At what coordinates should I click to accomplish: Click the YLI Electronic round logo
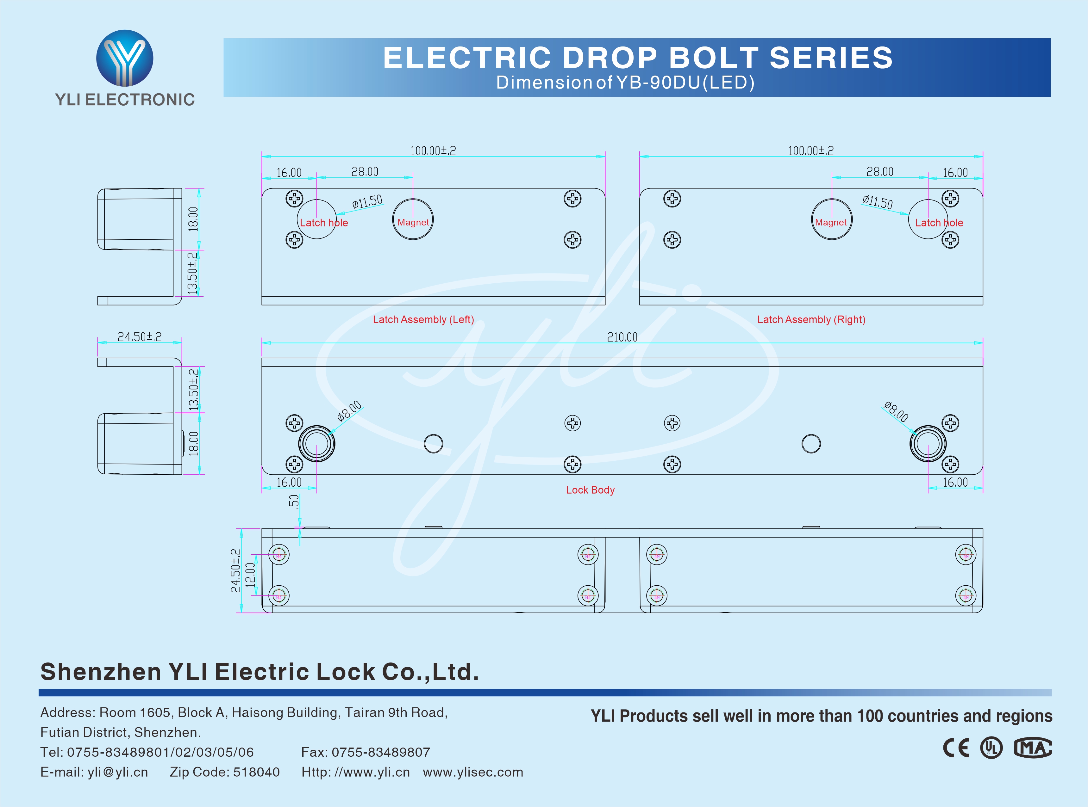click(x=125, y=58)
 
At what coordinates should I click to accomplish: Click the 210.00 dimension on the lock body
click(x=622, y=337)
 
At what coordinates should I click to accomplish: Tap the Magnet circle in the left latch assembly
click(x=413, y=219)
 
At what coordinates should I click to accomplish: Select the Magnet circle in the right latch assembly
click(x=831, y=219)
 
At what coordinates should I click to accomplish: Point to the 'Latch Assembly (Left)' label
click(x=423, y=319)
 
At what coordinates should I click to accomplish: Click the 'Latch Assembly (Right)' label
click(x=811, y=319)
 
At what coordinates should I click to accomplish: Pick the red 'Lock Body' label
click(x=590, y=490)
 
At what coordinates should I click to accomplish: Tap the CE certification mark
click(x=956, y=748)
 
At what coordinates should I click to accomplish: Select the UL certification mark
click(x=991, y=748)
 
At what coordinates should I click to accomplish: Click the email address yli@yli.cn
click(x=117, y=772)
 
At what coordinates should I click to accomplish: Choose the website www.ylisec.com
click(x=473, y=772)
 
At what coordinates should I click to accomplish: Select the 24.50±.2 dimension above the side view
click(x=139, y=336)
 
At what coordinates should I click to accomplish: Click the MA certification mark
click(x=1033, y=748)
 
